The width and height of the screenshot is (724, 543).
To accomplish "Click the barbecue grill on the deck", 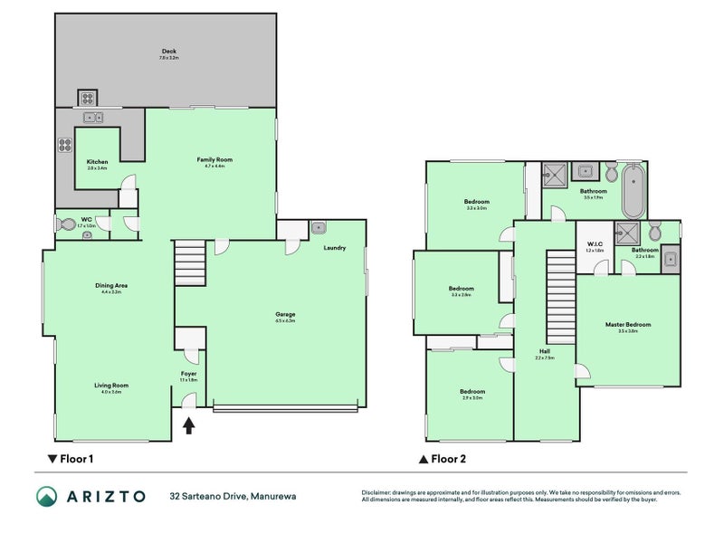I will point(88,99).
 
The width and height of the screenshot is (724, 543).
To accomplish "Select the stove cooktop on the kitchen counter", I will point(64,144).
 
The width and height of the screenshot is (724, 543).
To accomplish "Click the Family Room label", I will point(214,160).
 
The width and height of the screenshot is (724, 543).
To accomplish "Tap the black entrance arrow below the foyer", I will point(188,426).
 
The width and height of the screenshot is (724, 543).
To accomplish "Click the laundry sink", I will point(319,227).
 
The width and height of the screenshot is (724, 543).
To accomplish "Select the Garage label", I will point(285,315).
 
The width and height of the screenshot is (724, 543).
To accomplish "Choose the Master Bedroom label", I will point(628,325).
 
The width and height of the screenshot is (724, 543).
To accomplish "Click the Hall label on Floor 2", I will point(544,352).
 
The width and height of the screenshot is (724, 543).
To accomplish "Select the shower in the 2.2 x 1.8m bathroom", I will point(626,233).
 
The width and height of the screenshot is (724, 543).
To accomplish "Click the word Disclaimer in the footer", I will point(378,491).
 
